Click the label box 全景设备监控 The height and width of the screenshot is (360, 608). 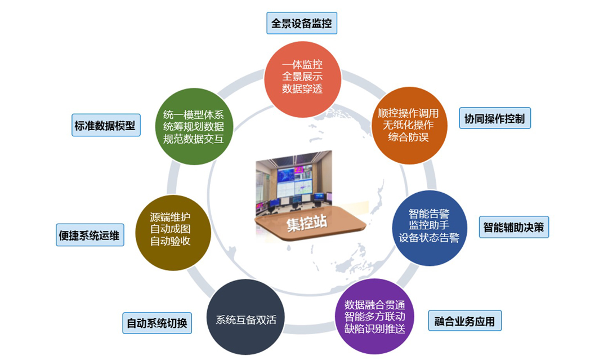(x=302, y=24)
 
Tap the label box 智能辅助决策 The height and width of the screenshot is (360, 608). (x=513, y=227)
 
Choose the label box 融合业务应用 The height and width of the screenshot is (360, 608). (x=464, y=321)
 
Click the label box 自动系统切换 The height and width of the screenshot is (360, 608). (x=157, y=323)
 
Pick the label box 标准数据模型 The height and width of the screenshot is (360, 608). (x=105, y=125)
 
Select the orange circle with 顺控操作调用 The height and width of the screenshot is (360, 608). (x=409, y=124)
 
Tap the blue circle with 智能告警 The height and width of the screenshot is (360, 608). (x=430, y=225)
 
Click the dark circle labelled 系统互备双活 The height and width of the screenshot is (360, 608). (x=245, y=319)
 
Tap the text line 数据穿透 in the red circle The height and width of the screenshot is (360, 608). (x=302, y=88)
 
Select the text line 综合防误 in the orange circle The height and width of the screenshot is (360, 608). (x=409, y=137)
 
